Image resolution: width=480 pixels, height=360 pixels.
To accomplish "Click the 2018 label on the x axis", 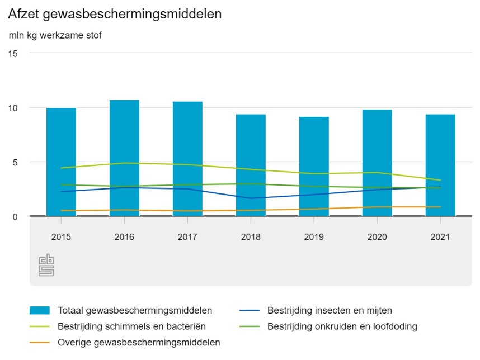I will point(251,237).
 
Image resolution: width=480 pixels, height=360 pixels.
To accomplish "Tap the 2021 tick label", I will point(440,237).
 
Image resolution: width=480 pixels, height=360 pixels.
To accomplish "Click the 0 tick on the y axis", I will point(15,216).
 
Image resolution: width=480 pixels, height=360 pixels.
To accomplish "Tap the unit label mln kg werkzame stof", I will point(55,35).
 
